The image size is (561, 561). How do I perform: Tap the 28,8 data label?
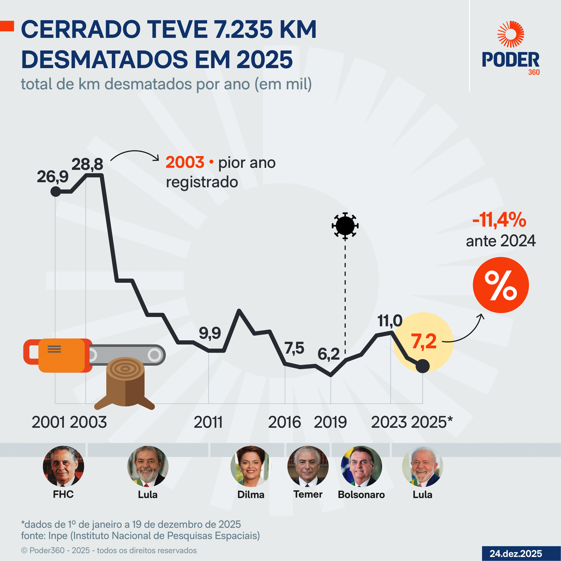tap(87, 164)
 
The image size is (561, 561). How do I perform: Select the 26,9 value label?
tap(53, 177)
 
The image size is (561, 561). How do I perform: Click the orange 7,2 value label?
tap(424, 341)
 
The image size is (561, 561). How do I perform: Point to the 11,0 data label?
tap(390, 321)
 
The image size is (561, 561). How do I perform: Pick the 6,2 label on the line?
tap(329, 354)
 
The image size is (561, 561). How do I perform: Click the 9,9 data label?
tap(210, 333)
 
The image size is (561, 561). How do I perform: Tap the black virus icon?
tap(345, 226)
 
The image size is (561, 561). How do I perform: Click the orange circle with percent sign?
tap(501, 285)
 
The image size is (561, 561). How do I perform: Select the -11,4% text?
tap(499, 220)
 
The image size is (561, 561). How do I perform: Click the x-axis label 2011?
tap(208, 422)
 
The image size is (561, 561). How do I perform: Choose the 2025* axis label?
tap(432, 422)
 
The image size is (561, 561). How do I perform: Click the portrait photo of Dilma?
tap(251, 466)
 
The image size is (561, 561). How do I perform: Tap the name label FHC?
tap(63, 494)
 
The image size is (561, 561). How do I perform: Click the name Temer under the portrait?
tap(308, 494)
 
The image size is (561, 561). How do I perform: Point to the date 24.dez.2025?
tap(516, 553)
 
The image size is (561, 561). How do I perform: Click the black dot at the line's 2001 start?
tap(55, 192)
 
